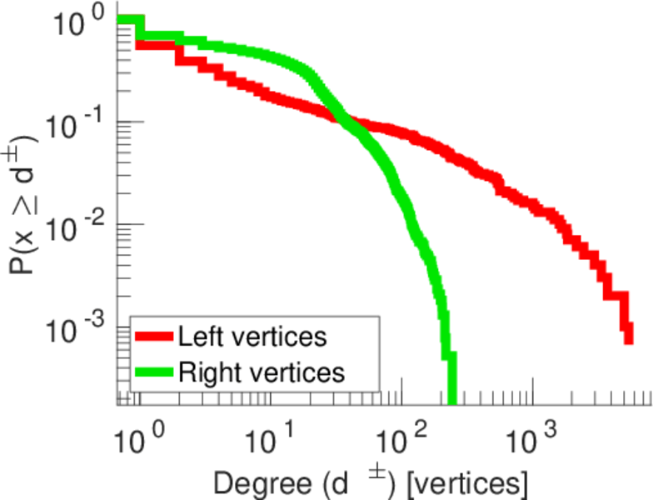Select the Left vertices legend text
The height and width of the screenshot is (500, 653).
point(252,337)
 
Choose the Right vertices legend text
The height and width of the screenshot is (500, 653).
point(261,372)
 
